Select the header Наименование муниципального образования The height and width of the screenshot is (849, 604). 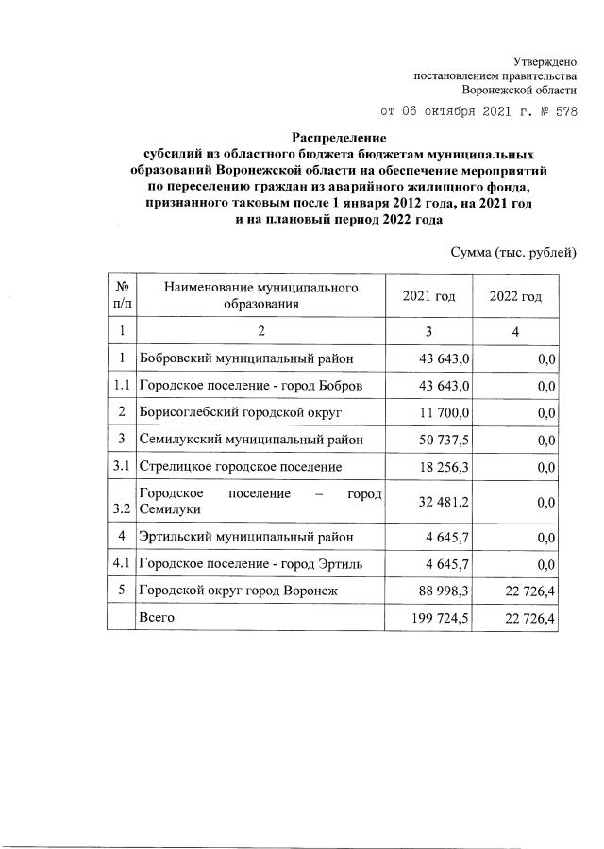(x=261, y=295)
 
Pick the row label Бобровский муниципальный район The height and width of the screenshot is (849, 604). (x=235, y=358)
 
